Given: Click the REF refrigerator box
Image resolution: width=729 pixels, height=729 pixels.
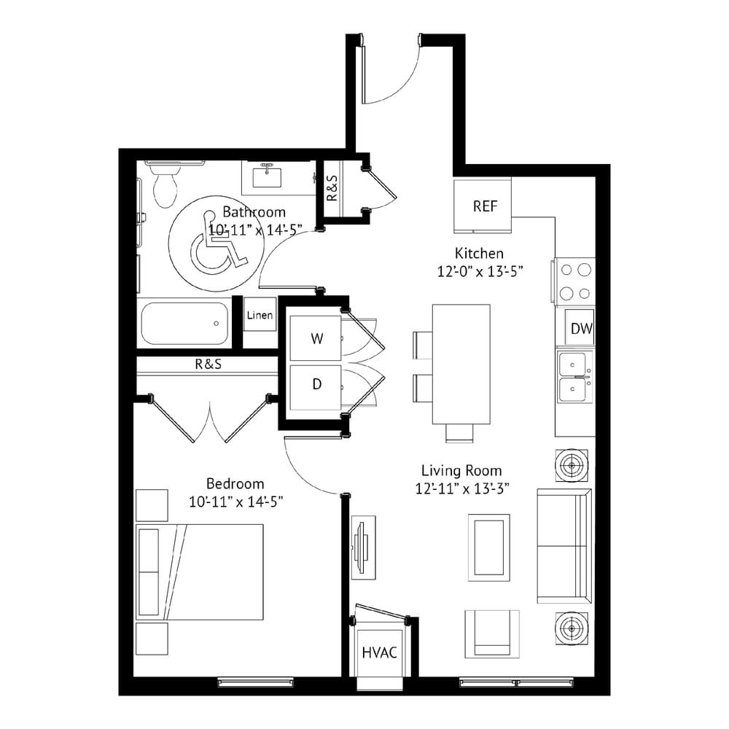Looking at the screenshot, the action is click(483, 206).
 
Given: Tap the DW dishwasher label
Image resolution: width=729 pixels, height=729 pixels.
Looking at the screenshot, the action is click(581, 329).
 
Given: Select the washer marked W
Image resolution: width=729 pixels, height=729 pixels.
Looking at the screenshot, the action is click(316, 338).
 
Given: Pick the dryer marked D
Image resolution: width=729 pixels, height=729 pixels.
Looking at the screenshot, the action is click(316, 387).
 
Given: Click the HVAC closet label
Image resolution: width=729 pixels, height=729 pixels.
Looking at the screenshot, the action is click(379, 652).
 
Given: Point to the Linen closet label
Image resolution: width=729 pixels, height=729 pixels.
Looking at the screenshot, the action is click(260, 315).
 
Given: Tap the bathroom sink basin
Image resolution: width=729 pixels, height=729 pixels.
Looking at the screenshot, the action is click(266, 177).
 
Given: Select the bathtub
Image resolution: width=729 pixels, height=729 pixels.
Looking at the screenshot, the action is click(185, 323).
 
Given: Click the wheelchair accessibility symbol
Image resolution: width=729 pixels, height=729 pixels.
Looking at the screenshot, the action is click(217, 243).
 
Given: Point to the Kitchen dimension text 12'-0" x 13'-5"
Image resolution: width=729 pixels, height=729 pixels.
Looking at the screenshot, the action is click(480, 271).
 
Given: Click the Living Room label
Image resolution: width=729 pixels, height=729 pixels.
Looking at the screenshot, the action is click(461, 471).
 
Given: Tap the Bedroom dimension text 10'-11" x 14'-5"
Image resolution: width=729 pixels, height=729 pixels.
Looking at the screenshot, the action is click(236, 502).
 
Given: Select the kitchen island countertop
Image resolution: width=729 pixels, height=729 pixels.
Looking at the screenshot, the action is click(461, 364).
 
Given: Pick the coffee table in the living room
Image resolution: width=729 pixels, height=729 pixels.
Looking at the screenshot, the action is click(489, 547).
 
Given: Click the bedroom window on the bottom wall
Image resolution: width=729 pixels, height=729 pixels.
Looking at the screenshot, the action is click(256, 682).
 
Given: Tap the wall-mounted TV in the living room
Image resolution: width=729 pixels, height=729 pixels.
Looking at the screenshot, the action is click(362, 547).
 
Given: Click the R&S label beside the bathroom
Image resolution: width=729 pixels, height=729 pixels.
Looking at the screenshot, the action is click(332, 188).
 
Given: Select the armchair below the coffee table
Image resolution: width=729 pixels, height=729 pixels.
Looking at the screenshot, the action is click(492, 634).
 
